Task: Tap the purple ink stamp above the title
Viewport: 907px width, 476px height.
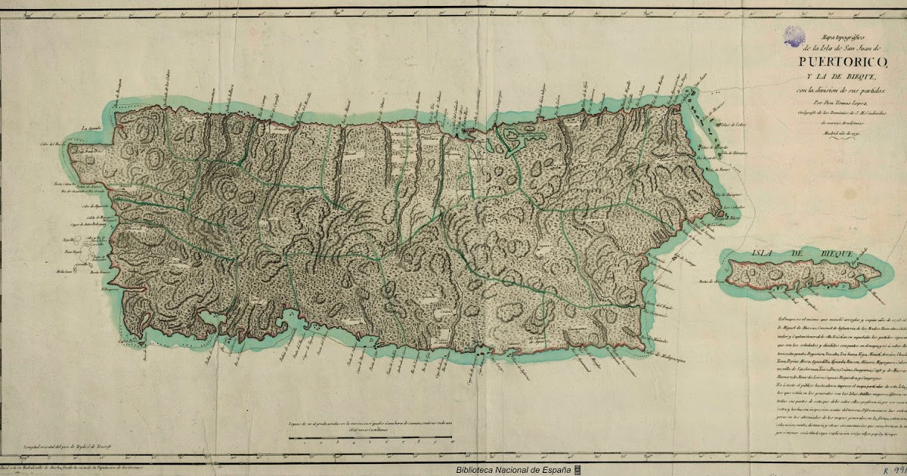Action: (794, 34)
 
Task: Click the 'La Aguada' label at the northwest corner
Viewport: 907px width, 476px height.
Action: (91, 128)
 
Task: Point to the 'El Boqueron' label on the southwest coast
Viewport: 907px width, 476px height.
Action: (112, 288)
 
